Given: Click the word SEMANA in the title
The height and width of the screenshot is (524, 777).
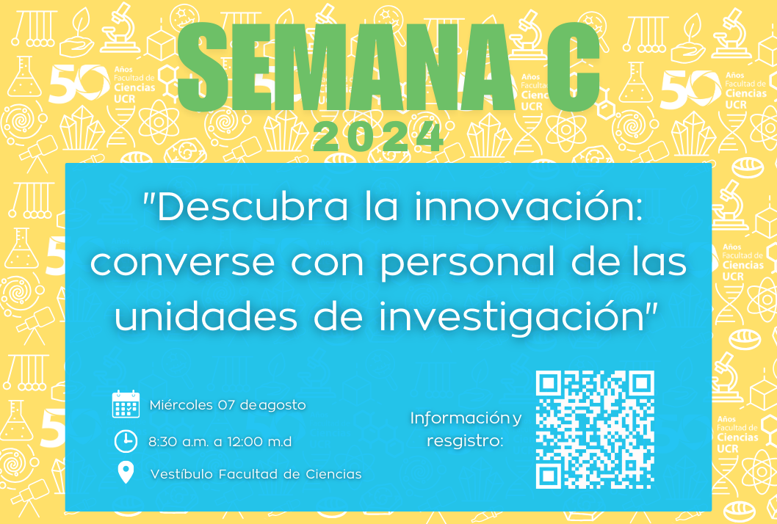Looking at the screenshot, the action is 345,66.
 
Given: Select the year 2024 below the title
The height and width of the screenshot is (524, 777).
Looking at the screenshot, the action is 378,137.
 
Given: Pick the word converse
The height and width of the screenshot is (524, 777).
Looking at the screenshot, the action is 182,263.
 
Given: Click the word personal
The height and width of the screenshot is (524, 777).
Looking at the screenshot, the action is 468,263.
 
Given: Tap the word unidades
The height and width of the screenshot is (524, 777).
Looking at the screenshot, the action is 206,317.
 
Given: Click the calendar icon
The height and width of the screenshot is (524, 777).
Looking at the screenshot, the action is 126,404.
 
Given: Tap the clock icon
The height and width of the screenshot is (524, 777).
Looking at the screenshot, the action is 126,441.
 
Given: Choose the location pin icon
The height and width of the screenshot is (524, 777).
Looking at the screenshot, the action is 126,473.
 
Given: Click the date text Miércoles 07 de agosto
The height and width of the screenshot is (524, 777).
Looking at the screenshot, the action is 228,405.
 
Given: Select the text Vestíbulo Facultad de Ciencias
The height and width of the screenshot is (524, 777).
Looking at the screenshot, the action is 256,474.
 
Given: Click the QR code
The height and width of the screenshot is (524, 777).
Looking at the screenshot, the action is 595,429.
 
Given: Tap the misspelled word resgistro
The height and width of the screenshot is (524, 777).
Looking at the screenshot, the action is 465,441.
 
